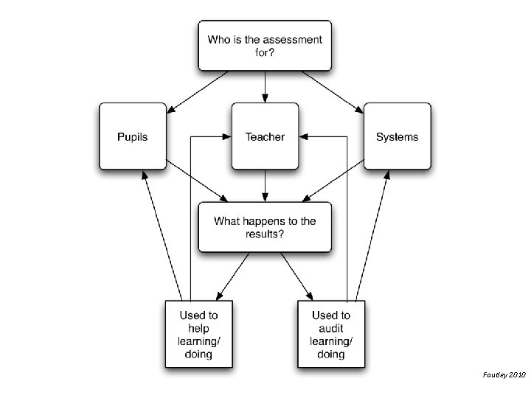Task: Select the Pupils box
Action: pyautogui.click(x=133, y=137)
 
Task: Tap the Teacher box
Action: pyautogui.click(x=265, y=137)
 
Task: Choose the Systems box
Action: pyautogui.click(x=397, y=137)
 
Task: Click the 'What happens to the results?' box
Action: pyautogui.click(x=265, y=227)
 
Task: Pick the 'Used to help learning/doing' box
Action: pyautogui.click(x=198, y=334)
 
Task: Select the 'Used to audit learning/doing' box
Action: pyautogui.click(x=330, y=334)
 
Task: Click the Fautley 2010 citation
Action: pyautogui.click(x=505, y=375)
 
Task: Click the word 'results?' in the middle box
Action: pyautogui.click(x=265, y=234)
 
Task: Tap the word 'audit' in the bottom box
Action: pyautogui.click(x=330, y=327)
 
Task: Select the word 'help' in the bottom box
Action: pyautogui.click(x=198, y=327)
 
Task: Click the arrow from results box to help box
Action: pyautogui.click(x=235, y=275)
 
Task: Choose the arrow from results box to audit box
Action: pyautogui.click(x=295, y=275)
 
